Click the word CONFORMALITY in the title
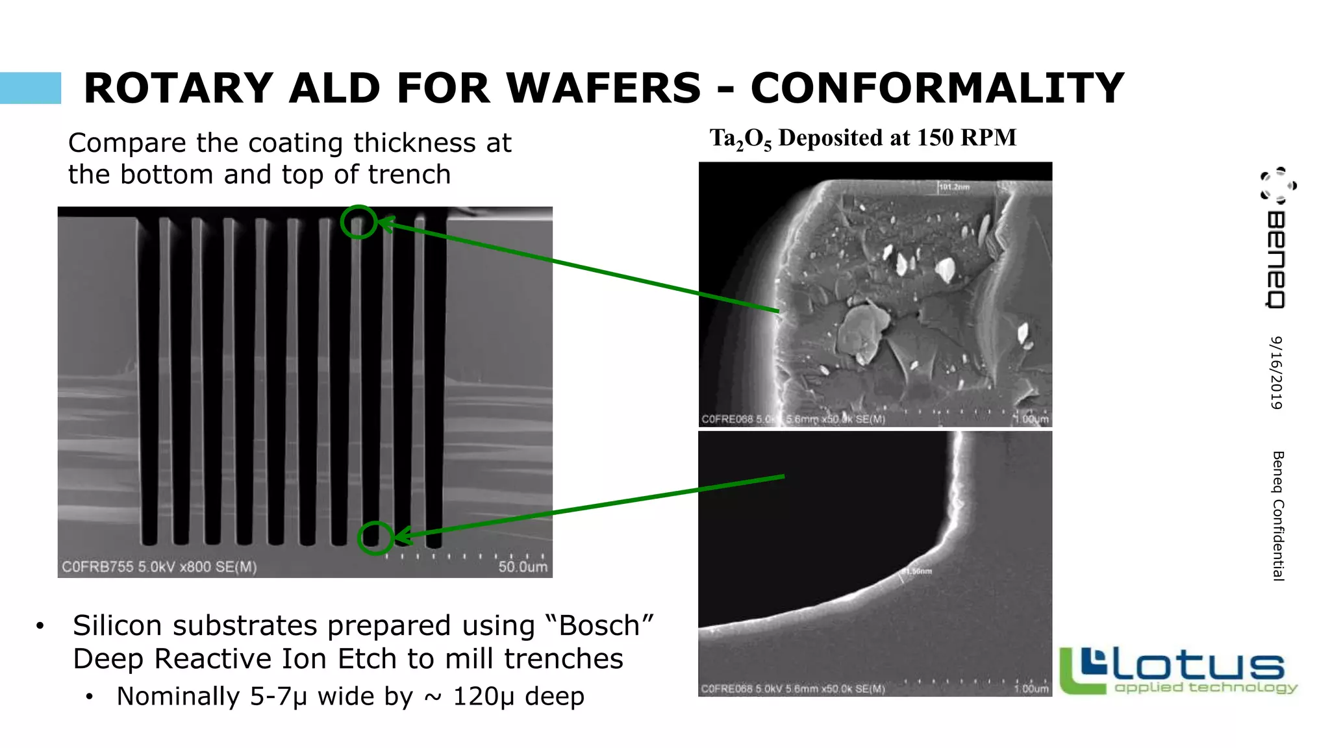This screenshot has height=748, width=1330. pyautogui.click(x=937, y=88)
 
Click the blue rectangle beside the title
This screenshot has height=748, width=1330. pyautogui.click(x=31, y=88)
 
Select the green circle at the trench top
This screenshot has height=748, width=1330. pyautogui.click(x=358, y=222)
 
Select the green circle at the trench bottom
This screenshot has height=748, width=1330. pyautogui.click(x=375, y=538)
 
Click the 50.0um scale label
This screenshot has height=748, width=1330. pyautogui.click(x=523, y=567)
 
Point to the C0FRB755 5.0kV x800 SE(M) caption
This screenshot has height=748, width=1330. pyautogui.click(x=159, y=567)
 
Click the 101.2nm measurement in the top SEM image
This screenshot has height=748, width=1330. pyautogui.click(x=954, y=187)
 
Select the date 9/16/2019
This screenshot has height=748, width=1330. pyautogui.click(x=1277, y=373)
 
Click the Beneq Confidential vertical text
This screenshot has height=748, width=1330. pyautogui.click(x=1278, y=516)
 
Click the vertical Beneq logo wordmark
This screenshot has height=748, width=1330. pyautogui.click(x=1275, y=260)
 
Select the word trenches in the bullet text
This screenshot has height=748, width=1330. pyautogui.click(x=563, y=659)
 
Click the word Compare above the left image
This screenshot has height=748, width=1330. pyautogui.click(x=127, y=143)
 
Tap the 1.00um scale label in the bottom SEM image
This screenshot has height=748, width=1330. pyautogui.click(x=1031, y=689)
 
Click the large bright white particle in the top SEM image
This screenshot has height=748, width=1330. pyautogui.click(x=945, y=268)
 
